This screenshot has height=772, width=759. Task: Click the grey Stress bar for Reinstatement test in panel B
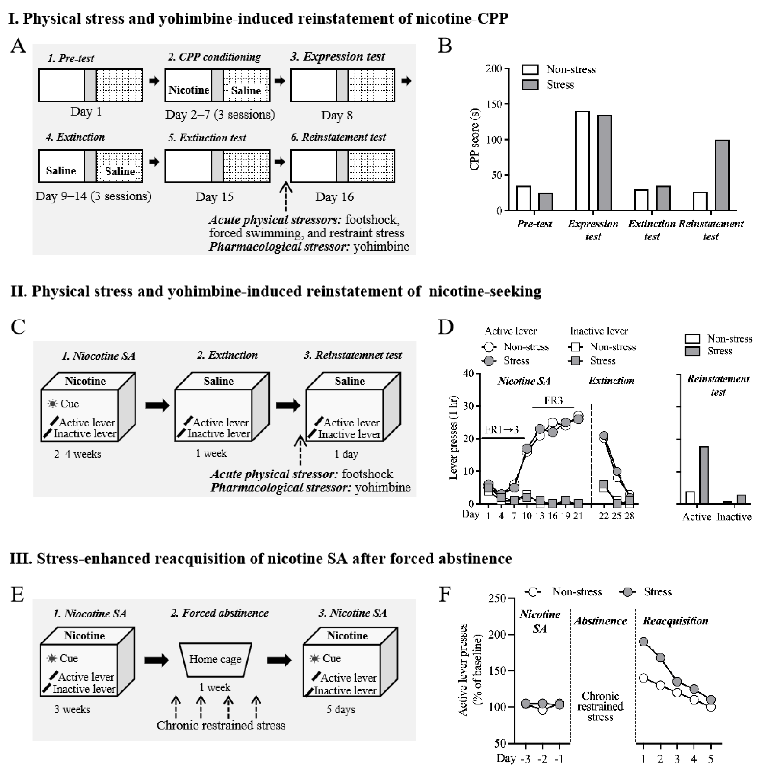coord(722,175)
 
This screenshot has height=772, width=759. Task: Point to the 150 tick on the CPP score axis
coord(506,104)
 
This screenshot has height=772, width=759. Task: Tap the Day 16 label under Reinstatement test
coord(334,197)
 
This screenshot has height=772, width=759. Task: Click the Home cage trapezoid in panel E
coord(215,659)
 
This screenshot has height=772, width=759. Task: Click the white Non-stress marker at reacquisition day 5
coord(711,707)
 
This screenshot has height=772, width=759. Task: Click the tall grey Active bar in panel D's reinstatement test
coord(704,475)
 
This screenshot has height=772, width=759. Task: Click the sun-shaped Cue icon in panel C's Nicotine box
coord(52,404)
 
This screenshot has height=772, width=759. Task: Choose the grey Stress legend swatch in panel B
coord(530,85)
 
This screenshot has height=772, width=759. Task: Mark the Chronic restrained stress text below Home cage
coord(221,725)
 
